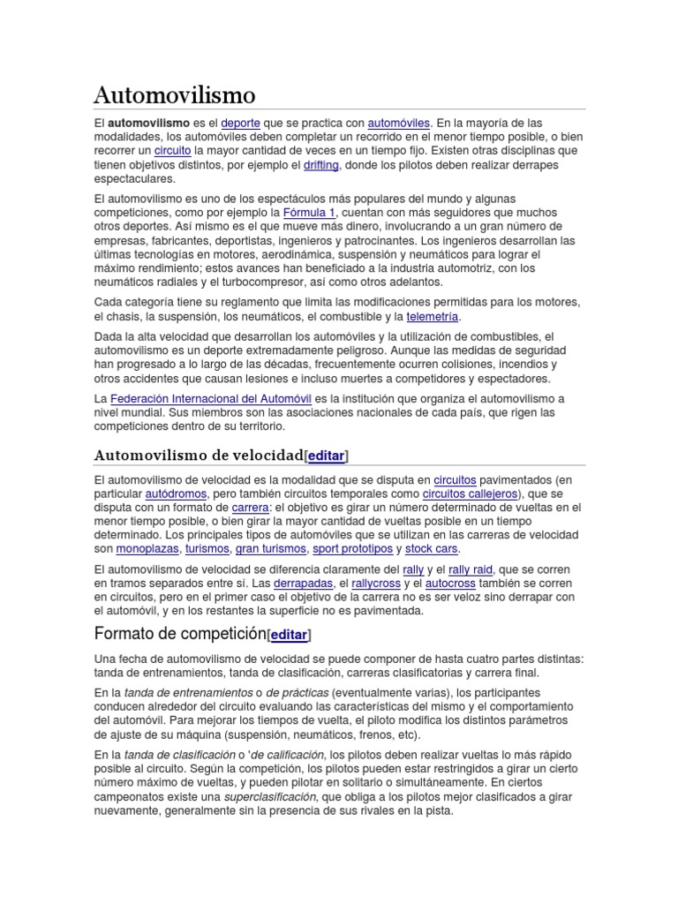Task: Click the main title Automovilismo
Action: pos(175,94)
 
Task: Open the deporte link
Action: pos(240,123)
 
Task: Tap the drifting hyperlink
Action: pos(320,165)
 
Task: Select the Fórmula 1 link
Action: pos(309,213)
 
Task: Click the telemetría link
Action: pos(432,316)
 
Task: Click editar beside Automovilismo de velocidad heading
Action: pos(326,455)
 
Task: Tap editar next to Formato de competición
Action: pos(289,635)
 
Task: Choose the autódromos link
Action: pos(176,493)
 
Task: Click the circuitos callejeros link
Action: pos(470,493)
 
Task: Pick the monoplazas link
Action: pos(147,548)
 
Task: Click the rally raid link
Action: pos(471,569)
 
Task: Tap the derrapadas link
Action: pos(304,584)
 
